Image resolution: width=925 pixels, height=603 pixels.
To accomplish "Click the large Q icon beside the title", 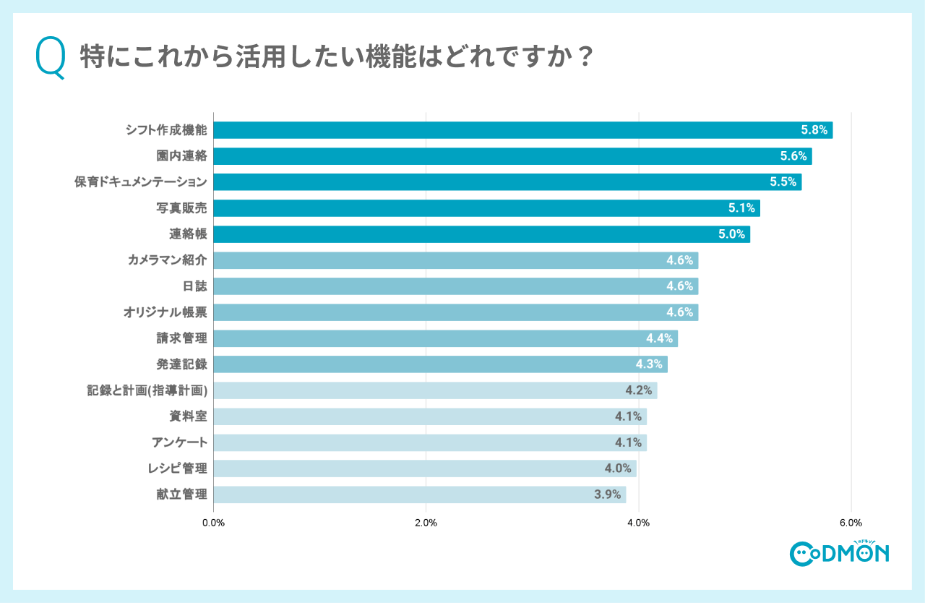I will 51,59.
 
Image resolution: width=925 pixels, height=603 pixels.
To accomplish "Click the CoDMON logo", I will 839,553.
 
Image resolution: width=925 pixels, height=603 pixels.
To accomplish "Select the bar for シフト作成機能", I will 522,130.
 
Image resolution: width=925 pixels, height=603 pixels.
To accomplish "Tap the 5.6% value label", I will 793,156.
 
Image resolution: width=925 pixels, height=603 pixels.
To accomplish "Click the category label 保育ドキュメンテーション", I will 141,182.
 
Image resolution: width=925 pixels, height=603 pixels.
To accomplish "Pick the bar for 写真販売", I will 486,208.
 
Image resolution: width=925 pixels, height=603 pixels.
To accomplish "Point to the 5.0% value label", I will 731,234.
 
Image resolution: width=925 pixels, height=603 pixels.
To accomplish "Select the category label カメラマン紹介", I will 167,260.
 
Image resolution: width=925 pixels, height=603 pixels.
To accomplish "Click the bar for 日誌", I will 455,286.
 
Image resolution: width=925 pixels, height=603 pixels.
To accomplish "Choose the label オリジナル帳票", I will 165,312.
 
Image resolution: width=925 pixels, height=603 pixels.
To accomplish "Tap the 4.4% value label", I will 659,338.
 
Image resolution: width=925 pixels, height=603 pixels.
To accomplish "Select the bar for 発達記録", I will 440,364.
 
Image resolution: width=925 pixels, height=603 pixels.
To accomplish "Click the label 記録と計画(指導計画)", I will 147,390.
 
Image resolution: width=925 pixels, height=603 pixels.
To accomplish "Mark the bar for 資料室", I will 429,416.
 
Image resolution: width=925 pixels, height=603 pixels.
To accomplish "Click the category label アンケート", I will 179,442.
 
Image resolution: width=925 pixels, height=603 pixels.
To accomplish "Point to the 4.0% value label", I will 618,469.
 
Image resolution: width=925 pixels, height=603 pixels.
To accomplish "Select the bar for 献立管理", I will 419,495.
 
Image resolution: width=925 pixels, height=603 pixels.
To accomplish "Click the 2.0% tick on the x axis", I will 426,523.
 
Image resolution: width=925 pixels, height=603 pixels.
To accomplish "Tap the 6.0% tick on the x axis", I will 851,523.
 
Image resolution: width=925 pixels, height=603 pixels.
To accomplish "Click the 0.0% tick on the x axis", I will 213,523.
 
